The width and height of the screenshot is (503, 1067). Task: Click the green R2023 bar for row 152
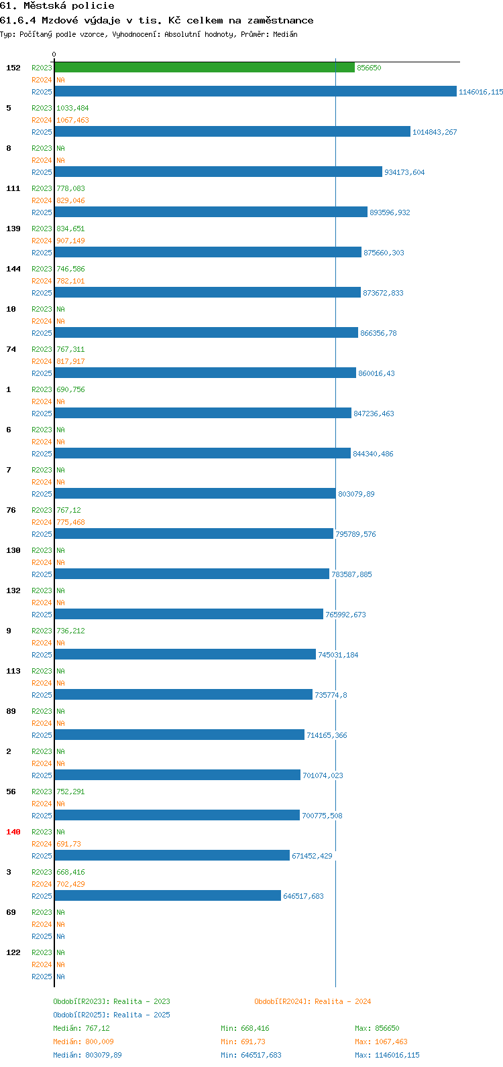pyautogui.click(x=205, y=68)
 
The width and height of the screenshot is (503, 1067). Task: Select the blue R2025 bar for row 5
pyautogui.click(x=232, y=131)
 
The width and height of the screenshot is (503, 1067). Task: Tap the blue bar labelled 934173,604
pyautogui.click(x=219, y=172)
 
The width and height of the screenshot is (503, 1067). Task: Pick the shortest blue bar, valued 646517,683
pyautogui.click(x=168, y=895)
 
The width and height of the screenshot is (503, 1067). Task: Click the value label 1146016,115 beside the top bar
pyautogui.click(x=481, y=92)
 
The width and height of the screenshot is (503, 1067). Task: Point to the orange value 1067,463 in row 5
pyautogui.click(x=72, y=120)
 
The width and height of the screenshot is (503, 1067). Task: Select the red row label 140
pyautogui.click(x=13, y=832)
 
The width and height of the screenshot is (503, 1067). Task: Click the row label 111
pyautogui.click(x=13, y=188)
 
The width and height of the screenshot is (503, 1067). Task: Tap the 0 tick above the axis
pyautogui.click(x=54, y=54)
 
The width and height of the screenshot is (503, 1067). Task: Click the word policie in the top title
pyautogui.click(x=93, y=6)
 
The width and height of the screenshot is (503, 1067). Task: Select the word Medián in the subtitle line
pyautogui.click(x=285, y=34)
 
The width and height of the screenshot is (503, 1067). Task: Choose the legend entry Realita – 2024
pyautogui.click(x=342, y=1001)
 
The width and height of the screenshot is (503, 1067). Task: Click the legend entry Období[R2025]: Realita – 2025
pyautogui.click(x=111, y=1015)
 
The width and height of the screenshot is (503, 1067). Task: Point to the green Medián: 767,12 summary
pyautogui.click(x=82, y=1028)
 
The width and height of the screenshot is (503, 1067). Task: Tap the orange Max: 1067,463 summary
pyautogui.click(x=381, y=1042)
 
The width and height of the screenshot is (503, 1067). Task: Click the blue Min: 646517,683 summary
pyautogui.click(x=251, y=1055)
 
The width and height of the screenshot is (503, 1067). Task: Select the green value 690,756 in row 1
pyautogui.click(x=70, y=389)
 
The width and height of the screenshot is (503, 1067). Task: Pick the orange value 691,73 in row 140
pyautogui.click(x=68, y=844)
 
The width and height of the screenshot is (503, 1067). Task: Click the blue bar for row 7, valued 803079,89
pyautogui.click(x=195, y=493)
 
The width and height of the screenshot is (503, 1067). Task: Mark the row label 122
pyautogui.click(x=13, y=952)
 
